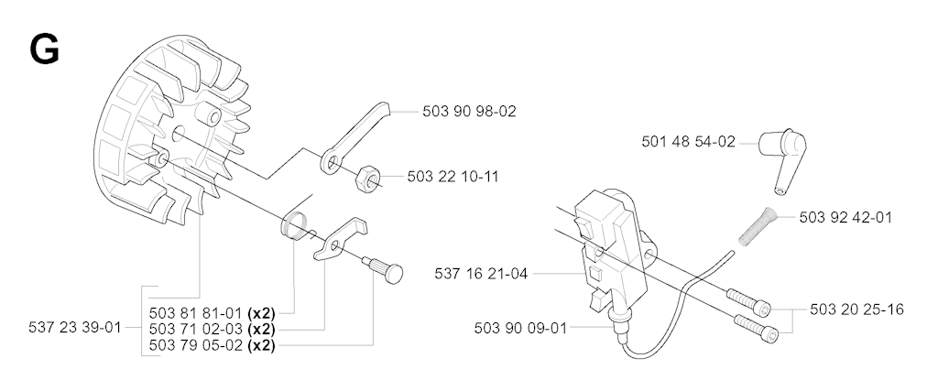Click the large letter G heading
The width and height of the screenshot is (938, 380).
[x=44, y=49]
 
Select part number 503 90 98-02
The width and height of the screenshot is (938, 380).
[x=469, y=112]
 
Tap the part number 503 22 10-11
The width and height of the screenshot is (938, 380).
[x=453, y=177]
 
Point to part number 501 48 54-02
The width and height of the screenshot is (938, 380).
[x=688, y=142]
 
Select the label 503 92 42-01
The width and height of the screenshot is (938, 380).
[x=845, y=217]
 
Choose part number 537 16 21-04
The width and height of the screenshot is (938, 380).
[x=481, y=274]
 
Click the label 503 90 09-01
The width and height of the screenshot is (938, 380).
[x=520, y=328]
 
